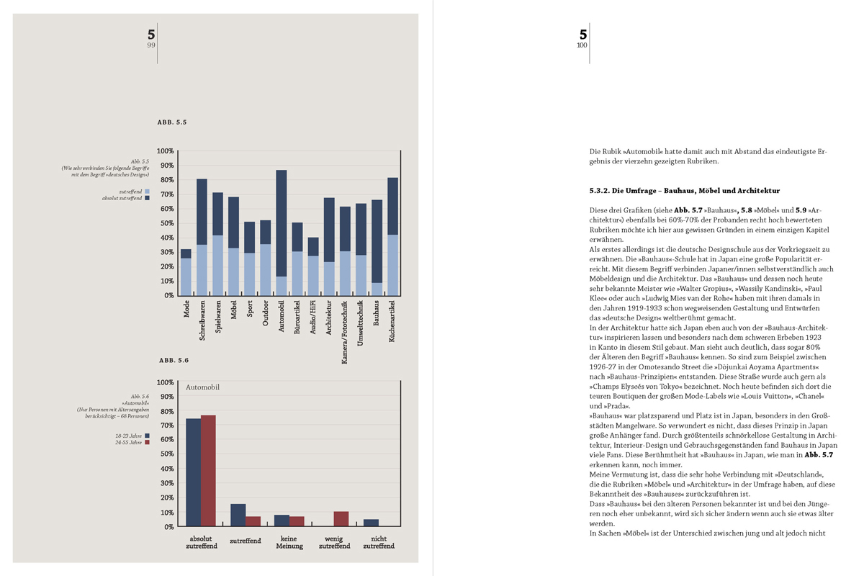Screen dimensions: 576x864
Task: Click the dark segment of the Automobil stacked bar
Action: (281, 223)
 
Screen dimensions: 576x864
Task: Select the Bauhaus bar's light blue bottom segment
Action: (377, 289)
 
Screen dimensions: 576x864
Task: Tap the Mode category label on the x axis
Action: (186, 309)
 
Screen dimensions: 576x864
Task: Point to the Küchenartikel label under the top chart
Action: (392, 321)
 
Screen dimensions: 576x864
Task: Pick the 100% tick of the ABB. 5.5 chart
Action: (165, 151)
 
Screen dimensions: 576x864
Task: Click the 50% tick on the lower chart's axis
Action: (165, 454)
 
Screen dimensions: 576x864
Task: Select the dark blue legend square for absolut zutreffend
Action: (147, 198)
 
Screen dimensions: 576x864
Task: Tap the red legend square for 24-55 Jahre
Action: (147, 443)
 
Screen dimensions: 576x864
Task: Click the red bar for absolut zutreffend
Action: (208, 471)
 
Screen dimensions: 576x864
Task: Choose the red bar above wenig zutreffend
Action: (341, 519)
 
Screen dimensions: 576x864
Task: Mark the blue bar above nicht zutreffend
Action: (371, 523)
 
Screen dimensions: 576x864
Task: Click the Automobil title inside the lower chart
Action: (202, 387)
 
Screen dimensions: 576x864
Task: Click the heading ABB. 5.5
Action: (172, 123)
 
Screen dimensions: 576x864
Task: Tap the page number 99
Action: (151, 45)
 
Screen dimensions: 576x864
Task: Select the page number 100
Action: (582, 45)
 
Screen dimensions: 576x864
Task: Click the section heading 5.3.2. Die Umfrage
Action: (684, 191)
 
